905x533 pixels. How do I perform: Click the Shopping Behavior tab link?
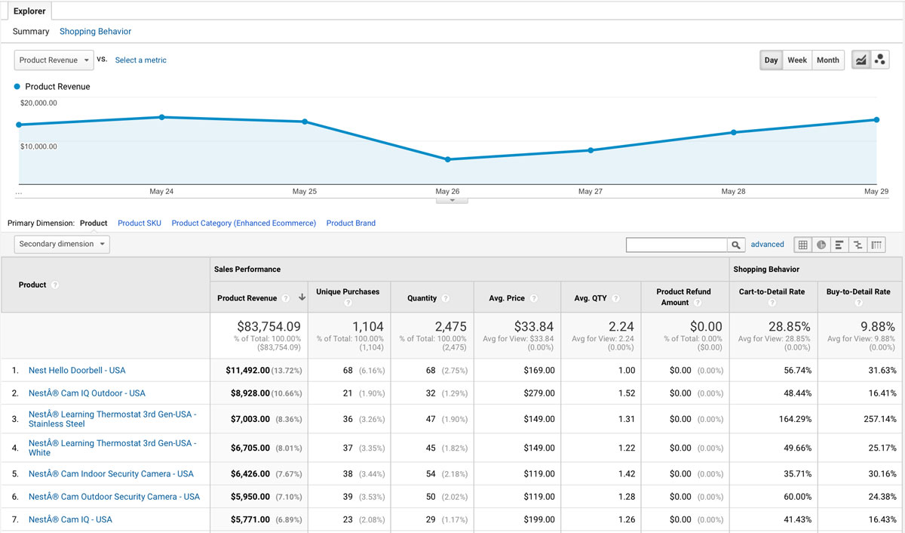[x=95, y=32]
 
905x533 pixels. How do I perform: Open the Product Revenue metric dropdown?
[x=54, y=60]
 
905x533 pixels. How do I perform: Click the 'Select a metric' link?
[x=140, y=60]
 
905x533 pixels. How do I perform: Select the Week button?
[x=797, y=60]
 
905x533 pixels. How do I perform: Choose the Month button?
[x=827, y=60]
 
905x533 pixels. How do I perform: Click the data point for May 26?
[x=448, y=159]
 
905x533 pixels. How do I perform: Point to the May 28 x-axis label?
[x=733, y=192]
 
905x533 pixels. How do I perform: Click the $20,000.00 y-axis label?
[x=38, y=103]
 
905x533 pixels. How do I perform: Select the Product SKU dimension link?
[x=140, y=223]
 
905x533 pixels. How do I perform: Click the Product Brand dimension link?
[x=351, y=223]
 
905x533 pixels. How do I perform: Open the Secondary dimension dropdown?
[x=62, y=244]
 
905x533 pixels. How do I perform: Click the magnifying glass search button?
[x=736, y=245]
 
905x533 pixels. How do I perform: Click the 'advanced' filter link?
[x=767, y=245]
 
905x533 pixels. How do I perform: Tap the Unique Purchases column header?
[x=348, y=291]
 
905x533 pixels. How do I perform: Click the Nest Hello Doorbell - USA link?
[x=77, y=371]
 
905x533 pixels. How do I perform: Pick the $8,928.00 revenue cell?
[x=250, y=393]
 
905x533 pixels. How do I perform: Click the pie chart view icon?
[x=821, y=245]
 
